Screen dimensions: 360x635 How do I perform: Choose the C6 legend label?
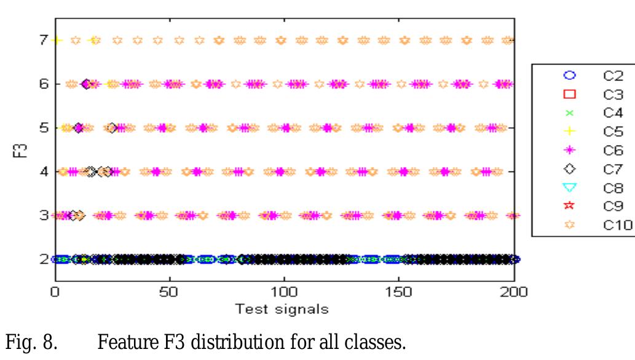(612, 150)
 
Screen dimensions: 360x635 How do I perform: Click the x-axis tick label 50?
(169, 291)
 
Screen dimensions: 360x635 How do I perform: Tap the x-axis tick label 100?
(284, 291)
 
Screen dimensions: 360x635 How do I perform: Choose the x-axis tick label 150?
(400, 291)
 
